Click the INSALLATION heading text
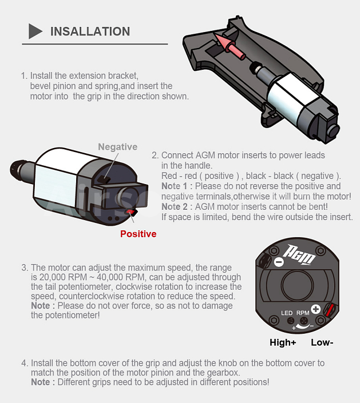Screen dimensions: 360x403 point(90,31)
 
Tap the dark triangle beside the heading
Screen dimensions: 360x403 point(35,31)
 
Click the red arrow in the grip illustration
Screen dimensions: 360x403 point(229,46)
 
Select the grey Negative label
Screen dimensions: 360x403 point(117,147)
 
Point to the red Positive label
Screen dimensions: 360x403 point(138,234)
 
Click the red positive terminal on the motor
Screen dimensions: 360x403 point(130,212)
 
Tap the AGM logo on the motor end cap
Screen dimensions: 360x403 point(299,254)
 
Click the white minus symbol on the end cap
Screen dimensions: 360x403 point(279,262)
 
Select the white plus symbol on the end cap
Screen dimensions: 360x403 point(316,309)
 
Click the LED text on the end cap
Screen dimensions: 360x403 point(287,313)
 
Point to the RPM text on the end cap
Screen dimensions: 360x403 point(303,313)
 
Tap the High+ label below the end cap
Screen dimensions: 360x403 point(283,342)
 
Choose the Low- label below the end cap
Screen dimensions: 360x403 point(322,342)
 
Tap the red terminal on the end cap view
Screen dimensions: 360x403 point(329,310)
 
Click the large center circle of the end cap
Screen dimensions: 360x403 point(298,285)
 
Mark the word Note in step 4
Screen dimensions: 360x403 point(41,382)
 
